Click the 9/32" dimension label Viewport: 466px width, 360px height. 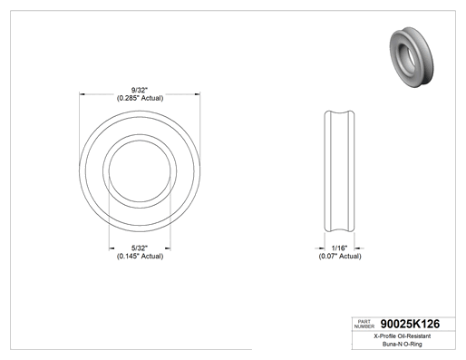point(140,90)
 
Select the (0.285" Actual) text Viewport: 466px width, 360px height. point(140,98)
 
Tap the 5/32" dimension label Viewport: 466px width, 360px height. point(140,248)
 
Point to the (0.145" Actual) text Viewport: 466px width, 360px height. point(140,256)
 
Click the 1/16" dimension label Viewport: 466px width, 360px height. point(339,248)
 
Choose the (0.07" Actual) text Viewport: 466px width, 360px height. point(340,256)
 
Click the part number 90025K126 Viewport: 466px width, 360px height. point(410,324)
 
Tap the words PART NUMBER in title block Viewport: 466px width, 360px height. point(364,324)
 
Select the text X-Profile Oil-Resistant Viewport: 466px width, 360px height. point(403,336)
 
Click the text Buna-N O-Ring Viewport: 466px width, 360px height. point(403,344)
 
